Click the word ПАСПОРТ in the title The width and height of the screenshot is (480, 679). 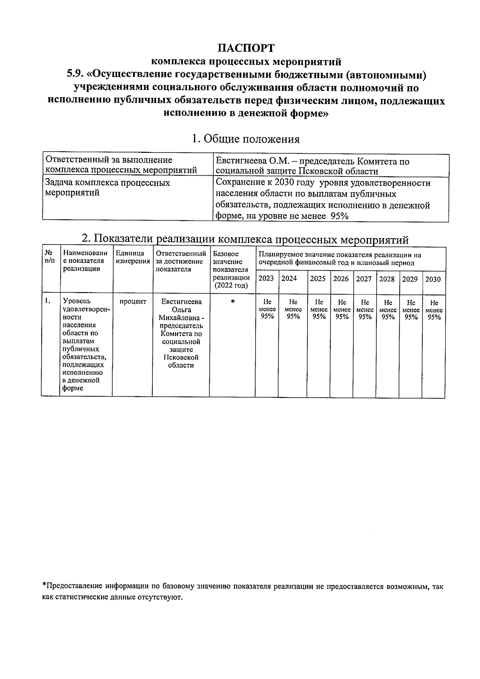coord(246,48)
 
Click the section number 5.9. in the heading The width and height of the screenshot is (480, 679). coord(76,75)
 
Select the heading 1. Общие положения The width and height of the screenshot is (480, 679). coord(246,139)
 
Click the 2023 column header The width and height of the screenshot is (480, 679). coord(266,278)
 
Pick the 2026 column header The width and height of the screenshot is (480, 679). coord(341,278)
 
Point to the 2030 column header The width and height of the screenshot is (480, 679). coord(433,279)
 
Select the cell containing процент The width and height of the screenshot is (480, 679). coord(132,302)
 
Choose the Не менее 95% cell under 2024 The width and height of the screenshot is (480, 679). coord(293,309)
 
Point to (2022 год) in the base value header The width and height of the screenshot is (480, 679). coord(232,286)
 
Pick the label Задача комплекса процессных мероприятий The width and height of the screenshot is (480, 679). coord(107,188)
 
